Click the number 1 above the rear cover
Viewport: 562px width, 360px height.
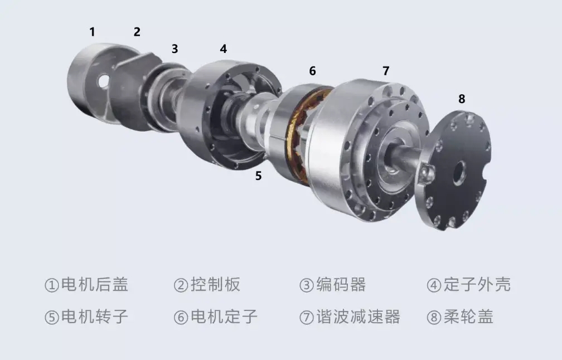pos(92,32)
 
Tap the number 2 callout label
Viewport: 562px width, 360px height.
pos(137,32)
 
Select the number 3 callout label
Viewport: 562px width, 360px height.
pos(175,49)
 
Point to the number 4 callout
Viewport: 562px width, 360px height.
pos(223,48)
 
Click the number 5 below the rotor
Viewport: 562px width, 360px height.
pos(258,176)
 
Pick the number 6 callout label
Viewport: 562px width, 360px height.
pos(312,71)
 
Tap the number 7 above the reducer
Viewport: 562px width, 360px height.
pos(386,71)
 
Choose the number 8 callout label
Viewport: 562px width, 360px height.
pos(462,99)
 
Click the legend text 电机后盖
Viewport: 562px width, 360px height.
pos(94,284)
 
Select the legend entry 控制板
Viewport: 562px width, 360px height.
pos(215,284)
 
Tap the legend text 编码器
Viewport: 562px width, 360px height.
pos(341,284)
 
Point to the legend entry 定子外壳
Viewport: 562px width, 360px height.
pos(477,284)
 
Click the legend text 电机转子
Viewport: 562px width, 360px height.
pos(94,317)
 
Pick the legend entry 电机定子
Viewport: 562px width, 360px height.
pos(224,317)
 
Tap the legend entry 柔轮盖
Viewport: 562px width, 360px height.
pos(468,317)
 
